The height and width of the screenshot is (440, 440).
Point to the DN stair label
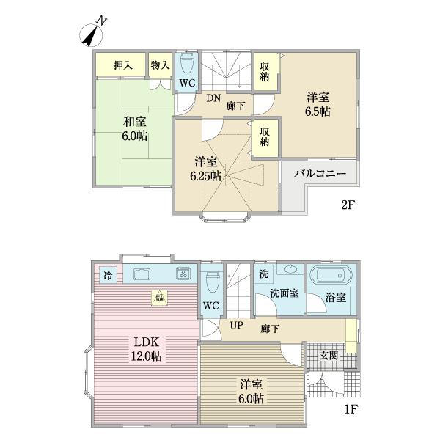pos(212,97)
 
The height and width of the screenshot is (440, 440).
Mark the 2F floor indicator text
pos(348,205)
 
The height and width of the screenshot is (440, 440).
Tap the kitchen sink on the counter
pos(143,275)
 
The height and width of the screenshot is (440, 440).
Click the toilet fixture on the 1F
pos(212,281)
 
